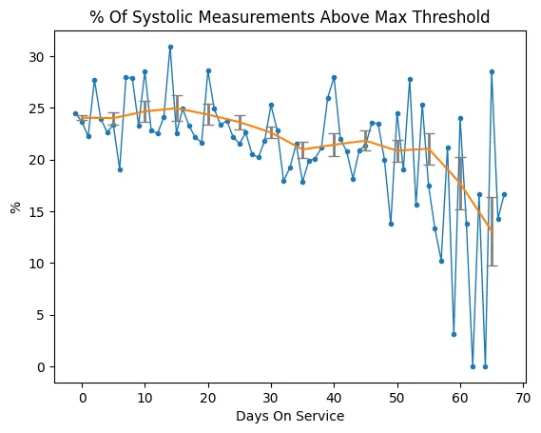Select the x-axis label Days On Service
point(290,416)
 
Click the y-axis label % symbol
point(16,206)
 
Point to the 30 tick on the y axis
point(36,57)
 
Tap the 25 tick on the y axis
point(36,108)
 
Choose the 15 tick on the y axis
point(36,211)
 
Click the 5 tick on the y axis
point(40,315)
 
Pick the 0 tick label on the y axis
point(40,366)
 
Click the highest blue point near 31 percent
point(170,47)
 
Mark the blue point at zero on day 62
point(473,366)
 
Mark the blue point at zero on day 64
point(485,366)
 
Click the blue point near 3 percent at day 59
point(454,334)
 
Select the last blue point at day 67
point(504,194)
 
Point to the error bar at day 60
point(460,183)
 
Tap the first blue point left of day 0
point(75,113)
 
